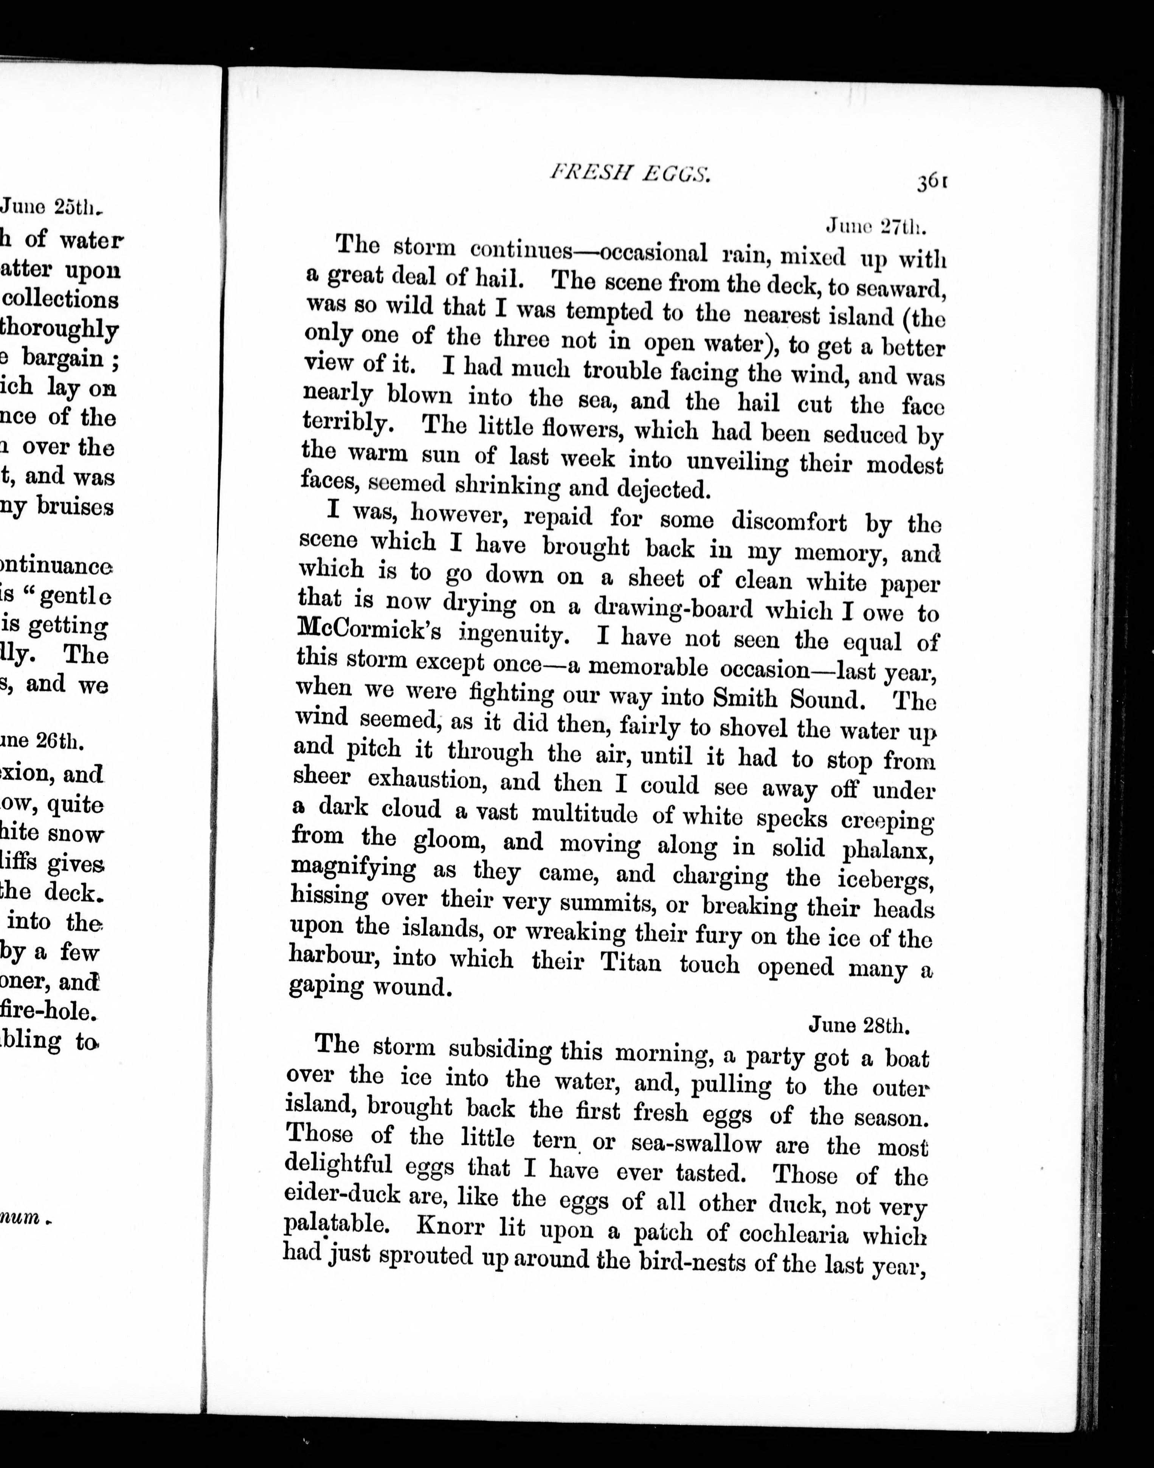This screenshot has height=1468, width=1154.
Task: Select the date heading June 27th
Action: [876, 226]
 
